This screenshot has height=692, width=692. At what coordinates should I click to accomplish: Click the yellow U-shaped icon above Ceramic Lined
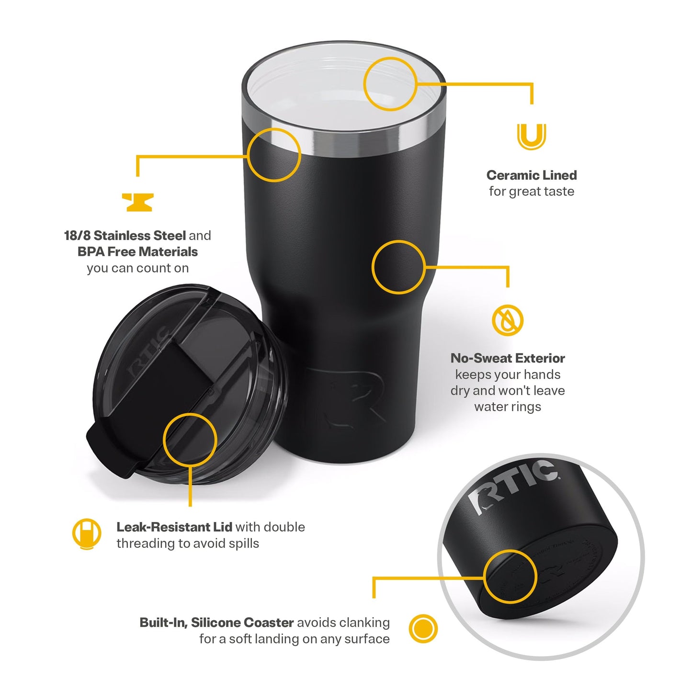click(x=531, y=136)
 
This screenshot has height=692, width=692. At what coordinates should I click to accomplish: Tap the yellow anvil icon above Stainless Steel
click(x=137, y=202)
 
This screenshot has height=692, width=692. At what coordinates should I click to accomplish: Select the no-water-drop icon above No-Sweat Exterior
click(x=508, y=320)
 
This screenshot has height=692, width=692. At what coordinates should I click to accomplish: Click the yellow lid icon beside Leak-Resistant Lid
click(x=87, y=533)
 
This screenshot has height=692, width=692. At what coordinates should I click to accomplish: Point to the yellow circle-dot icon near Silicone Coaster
click(x=423, y=628)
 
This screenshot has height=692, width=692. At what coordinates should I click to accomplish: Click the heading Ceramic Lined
click(x=531, y=175)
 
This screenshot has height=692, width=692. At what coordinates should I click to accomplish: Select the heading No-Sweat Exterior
click(x=508, y=358)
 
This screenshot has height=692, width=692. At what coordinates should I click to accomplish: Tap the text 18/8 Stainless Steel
click(x=125, y=236)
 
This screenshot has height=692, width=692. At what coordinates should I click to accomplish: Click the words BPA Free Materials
click(x=137, y=252)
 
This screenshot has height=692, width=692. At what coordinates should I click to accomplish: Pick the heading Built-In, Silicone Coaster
click(x=216, y=623)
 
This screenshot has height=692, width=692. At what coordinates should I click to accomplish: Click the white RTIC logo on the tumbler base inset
click(x=512, y=485)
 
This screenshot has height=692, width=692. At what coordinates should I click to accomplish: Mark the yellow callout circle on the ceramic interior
click(x=390, y=84)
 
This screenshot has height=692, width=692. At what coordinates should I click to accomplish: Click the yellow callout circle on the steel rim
click(x=274, y=155)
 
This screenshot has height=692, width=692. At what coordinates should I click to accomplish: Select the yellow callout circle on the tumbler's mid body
click(x=398, y=267)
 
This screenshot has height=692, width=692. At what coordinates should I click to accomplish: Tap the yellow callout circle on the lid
click(x=190, y=440)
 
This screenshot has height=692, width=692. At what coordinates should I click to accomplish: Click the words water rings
click(x=508, y=407)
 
